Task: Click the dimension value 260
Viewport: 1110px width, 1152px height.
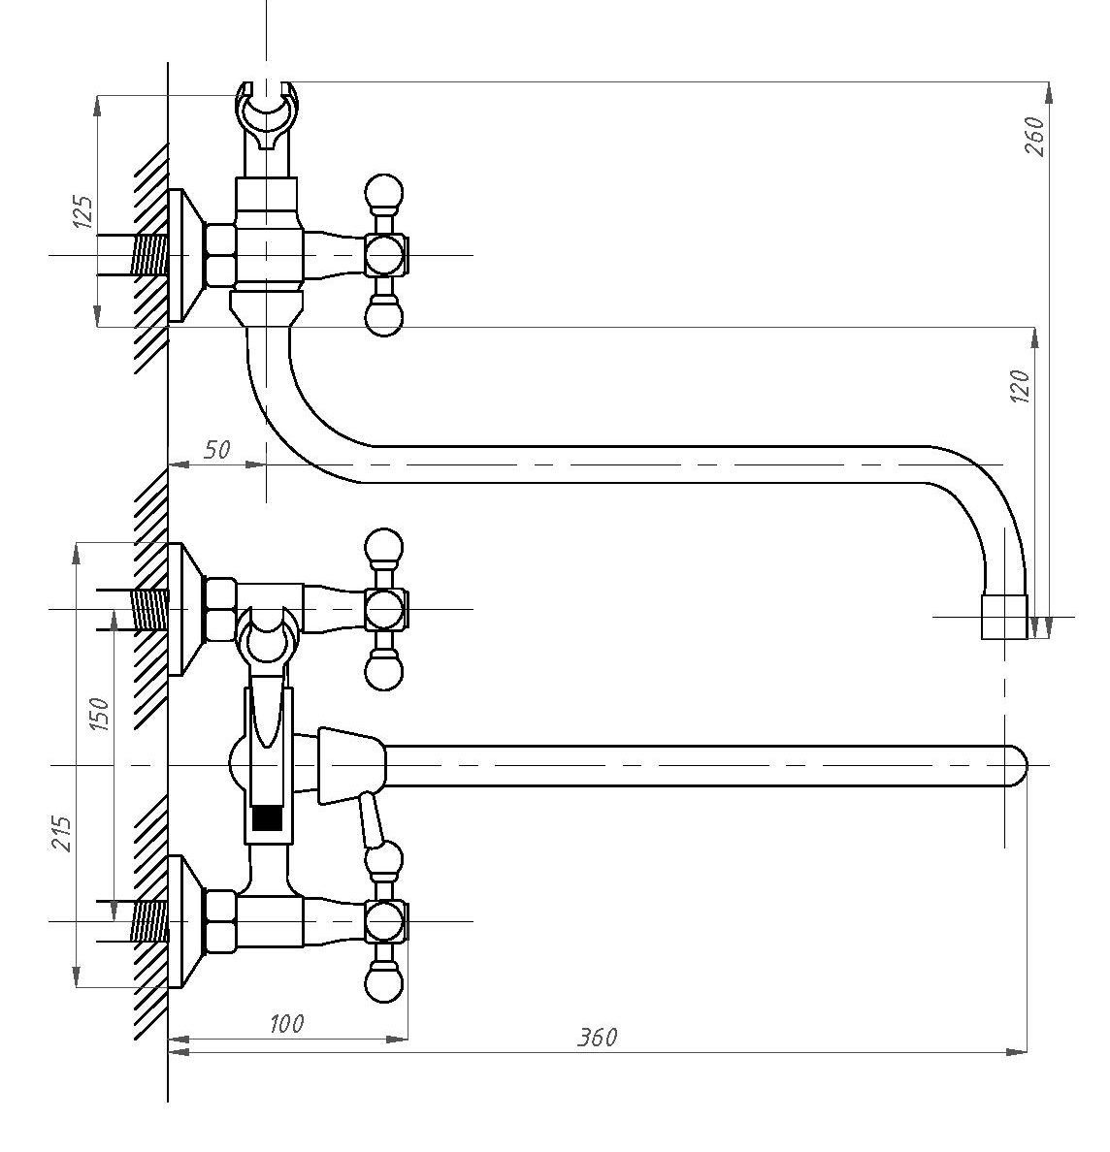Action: click(x=1034, y=136)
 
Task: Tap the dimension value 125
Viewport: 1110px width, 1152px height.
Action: click(x=83, y=212)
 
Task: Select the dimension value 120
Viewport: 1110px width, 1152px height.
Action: click(x=1021, y=387)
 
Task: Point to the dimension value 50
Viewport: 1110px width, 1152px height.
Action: click(x=216, y=449)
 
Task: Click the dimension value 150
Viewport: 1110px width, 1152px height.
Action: click(x=99, y=714)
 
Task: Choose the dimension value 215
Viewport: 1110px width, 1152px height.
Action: click(x=62, y=833)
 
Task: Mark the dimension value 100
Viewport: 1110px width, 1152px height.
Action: click(x=286, y=1023)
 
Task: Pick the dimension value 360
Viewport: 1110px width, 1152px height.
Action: click(x=597, y=1037)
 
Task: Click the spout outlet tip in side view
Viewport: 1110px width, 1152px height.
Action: click(x=1005, y=617)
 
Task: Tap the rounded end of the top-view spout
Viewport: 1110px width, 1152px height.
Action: click(x=1017, y=766)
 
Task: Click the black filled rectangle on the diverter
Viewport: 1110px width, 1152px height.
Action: click(x=267, y=818)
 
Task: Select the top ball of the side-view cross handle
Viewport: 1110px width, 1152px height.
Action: click(x=383, y=193)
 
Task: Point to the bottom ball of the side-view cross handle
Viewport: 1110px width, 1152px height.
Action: click(x=383, y=317)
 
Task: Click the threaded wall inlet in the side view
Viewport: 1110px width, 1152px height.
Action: click(x=150, y=256)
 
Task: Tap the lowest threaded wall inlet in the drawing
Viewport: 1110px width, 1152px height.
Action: click(x=150, y=921)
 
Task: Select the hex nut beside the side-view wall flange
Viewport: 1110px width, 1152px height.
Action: click(x=220, y=256)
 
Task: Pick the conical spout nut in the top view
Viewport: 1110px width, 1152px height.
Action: click(x=351, y=766)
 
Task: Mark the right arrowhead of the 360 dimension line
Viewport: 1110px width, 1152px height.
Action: click(x=1018, y=1052)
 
